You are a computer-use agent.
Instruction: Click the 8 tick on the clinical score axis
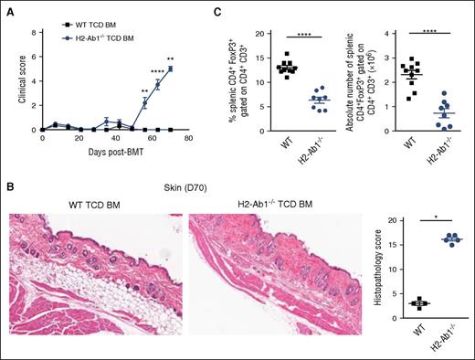click(x=30, y=32)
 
